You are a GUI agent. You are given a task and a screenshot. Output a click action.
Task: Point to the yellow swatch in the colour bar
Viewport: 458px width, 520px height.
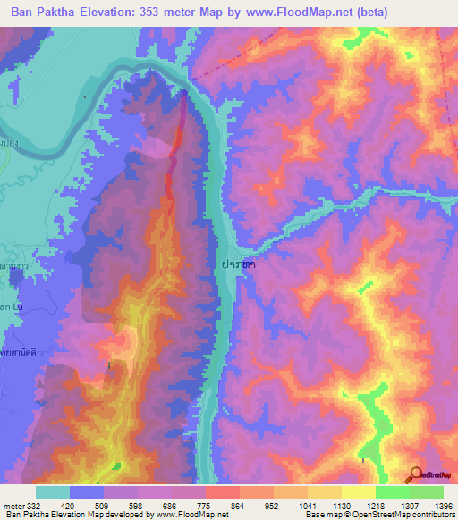[358, 492]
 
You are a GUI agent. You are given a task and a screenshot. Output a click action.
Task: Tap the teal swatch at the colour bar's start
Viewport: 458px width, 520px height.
[53, 492]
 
